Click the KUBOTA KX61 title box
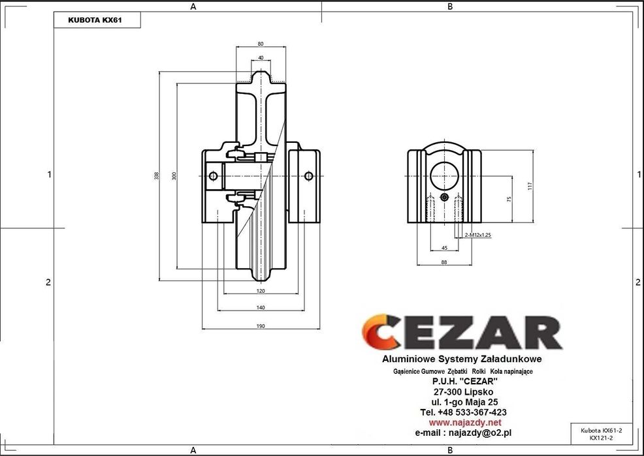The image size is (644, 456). [97, 20]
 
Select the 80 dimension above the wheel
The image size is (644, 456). [261, 44]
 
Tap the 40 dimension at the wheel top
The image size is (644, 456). [261, 58]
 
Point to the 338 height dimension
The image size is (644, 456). [157, 175]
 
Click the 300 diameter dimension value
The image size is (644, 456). [174, 175]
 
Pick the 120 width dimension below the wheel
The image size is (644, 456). [261, 291]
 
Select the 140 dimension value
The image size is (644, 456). [261, 307]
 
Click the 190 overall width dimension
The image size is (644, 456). [261, 326]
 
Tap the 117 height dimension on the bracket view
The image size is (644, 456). [530, 186]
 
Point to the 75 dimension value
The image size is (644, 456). [509, 199]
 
